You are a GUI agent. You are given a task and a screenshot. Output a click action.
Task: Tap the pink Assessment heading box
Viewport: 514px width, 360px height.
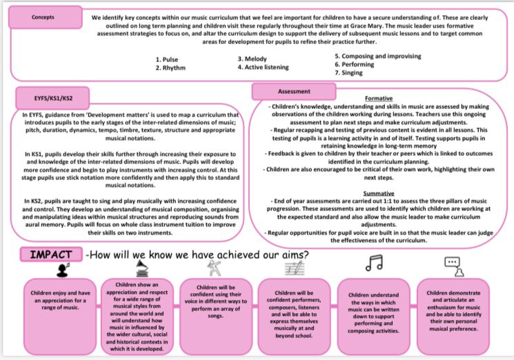pos(288,90)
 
